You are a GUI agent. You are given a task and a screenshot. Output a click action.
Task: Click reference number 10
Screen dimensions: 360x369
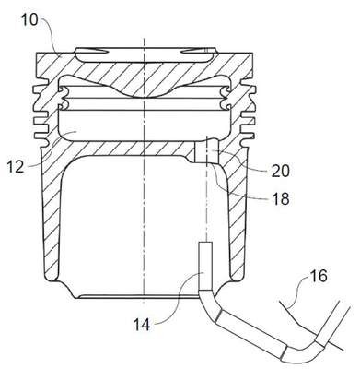click(x=29, y=20)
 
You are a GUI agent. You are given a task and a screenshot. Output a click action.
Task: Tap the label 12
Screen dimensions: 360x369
click(x=16, y=167)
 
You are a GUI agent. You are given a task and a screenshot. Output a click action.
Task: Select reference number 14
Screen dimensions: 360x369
click(x=142, y=324)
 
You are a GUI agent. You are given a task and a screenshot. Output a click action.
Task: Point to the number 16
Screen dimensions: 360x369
click(x=319, y=276)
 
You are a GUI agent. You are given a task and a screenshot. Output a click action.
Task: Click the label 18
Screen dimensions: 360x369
click(x=281, y=198)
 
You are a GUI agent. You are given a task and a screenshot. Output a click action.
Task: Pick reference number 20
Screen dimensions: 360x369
click(x=280, y=171)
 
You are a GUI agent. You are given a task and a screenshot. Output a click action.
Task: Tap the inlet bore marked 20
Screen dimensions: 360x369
click(x=207, y=150)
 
